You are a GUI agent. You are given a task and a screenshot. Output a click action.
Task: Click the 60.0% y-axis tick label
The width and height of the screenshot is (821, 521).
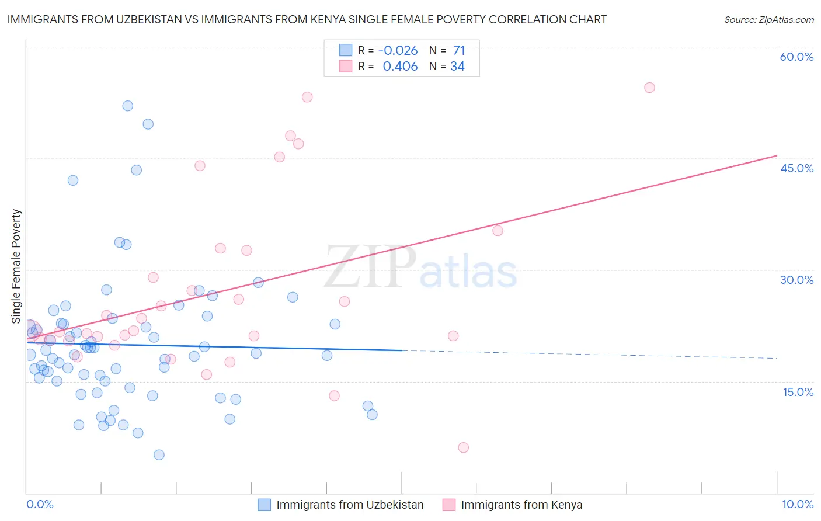tap(796, 57)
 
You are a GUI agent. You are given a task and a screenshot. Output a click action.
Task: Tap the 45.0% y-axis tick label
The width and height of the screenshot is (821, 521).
tap(796, 168)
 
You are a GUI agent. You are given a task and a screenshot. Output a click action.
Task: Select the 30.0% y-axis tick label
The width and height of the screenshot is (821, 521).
tap(796, 280)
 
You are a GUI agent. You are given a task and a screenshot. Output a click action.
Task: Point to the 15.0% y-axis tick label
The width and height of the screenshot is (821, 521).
tap(798, 392)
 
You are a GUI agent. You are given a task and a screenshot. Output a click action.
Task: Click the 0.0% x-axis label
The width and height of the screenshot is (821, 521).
tap(40, 504)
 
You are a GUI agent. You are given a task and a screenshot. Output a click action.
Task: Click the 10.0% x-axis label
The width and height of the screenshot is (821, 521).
tap(797, 504)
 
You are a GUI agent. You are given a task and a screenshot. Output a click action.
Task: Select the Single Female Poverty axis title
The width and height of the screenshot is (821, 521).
tap(16, 266)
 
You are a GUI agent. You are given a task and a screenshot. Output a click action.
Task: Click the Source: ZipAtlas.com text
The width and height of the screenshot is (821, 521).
tap(768, 19)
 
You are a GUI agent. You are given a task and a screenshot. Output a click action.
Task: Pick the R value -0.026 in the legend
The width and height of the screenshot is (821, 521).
tap(398, 51)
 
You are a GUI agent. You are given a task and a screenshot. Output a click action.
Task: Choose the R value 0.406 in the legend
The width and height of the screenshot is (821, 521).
tap(400, 67)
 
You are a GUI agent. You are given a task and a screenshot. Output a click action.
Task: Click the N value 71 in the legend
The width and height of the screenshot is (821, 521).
tap(459, 51)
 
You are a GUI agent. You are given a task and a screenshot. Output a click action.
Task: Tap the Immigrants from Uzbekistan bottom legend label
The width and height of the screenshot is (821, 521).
tap(350, 505)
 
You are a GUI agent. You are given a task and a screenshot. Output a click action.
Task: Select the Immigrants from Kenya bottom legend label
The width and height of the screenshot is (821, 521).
tap(521, 505)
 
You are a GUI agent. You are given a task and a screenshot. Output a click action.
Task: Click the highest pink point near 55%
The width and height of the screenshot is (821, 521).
tap(649, 88)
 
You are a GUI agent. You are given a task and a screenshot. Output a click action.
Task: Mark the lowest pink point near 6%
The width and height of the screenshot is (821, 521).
tap(463, 447)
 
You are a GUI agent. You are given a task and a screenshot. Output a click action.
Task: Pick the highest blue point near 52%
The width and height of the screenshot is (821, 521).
tap(128, 106)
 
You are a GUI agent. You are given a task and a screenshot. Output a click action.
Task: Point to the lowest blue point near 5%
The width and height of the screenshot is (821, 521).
tap(159, 454)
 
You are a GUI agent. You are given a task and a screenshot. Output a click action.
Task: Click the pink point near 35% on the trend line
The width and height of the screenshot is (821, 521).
tap(498, 231)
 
